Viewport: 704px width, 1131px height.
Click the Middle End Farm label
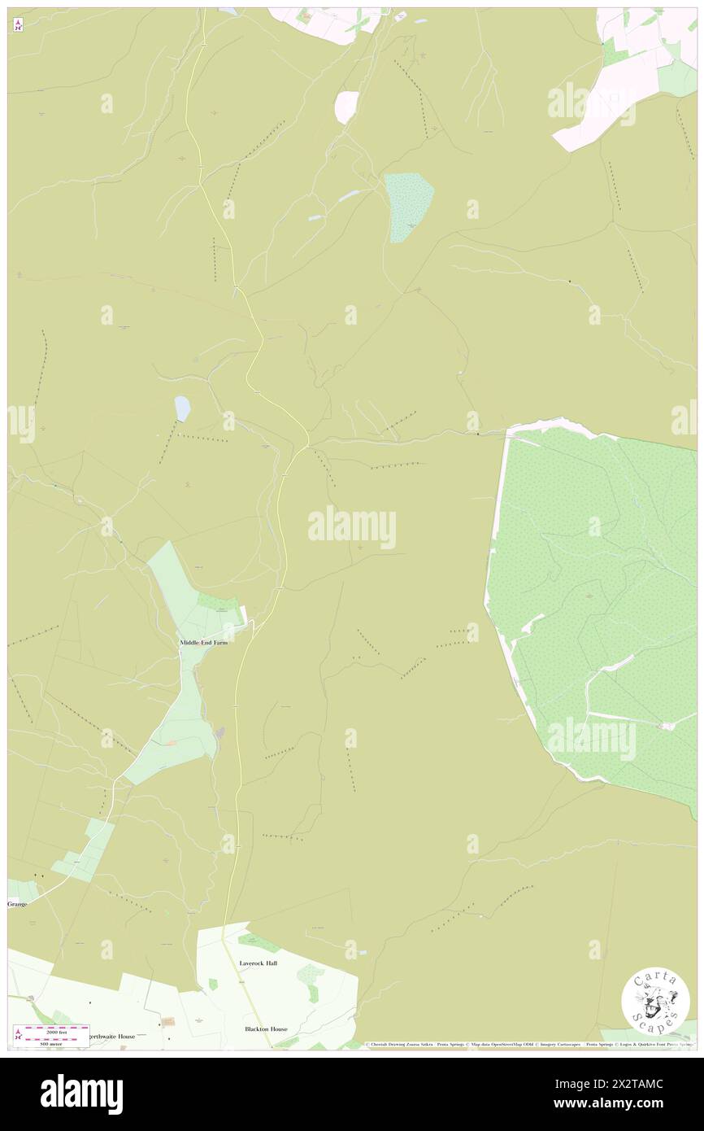[x=203, y=642]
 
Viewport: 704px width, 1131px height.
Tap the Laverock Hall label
[x=258, y=963]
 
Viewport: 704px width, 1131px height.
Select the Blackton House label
[x=266, y=1028]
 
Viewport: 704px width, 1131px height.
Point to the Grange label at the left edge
[x=18, y=903]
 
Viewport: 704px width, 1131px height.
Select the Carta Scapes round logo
[x=655, y=1001]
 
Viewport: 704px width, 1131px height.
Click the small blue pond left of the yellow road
[x=182, y=408]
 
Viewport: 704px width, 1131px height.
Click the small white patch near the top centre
[x=346, y=106]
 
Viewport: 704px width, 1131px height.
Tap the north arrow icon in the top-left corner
[x=18, y=26]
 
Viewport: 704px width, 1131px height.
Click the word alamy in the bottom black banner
[x=81, y=1094]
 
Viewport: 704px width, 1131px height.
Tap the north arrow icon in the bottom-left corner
[x=18, y=1035]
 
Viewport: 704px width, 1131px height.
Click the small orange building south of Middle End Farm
[x=172, y=742]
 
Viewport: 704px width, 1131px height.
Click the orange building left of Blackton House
[x=168, y=1021]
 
